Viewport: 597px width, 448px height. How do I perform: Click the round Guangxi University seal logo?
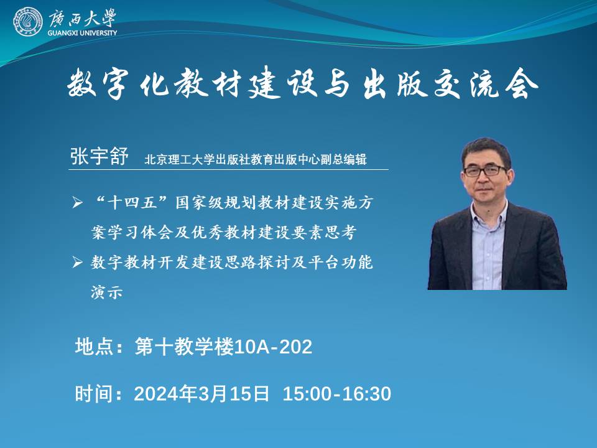click(x=28, y=22)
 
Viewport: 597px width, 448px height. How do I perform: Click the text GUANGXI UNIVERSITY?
click(x=82, y=33)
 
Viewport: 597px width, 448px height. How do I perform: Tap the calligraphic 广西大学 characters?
click(x=82, y=18)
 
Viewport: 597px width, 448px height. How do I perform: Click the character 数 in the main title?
click(x=82, y=83)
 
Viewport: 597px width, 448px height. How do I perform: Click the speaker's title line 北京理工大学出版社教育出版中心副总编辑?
click(x=255, y=159)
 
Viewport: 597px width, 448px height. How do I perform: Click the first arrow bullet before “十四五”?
click(x=77, y=202)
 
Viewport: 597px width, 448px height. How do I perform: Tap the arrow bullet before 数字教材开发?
click(x=77, y=262)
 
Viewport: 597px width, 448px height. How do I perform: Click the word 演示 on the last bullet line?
click(x=107, y=292)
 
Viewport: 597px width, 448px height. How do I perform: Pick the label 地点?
click(x=94, y=347)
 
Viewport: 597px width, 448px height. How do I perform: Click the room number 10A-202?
click(x=273, y=347)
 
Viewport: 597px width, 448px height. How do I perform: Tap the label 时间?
click(x=94, y=393)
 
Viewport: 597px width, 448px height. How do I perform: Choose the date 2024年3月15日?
click(x=201, y=393)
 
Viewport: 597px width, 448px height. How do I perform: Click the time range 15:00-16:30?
click(x=337, y=393)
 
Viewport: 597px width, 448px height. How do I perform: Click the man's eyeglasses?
click(x=485, y=170)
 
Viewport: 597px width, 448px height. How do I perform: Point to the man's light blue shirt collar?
click(x=489, y=209)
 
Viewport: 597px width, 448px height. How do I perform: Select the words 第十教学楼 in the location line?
click(x=184, y=347)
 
